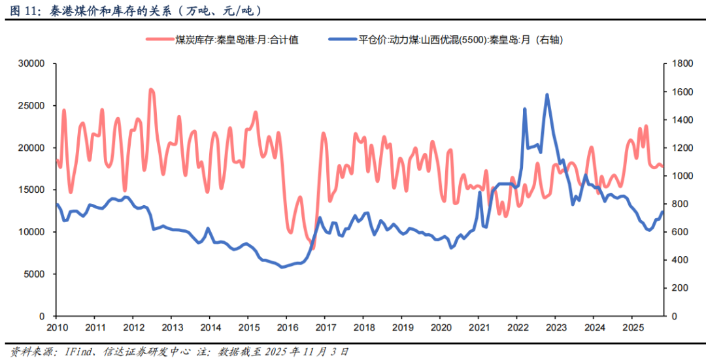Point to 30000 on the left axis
29,63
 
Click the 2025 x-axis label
631,327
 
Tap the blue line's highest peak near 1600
547,95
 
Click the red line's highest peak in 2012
151,90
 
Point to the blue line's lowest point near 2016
282,267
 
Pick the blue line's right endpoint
662,212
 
